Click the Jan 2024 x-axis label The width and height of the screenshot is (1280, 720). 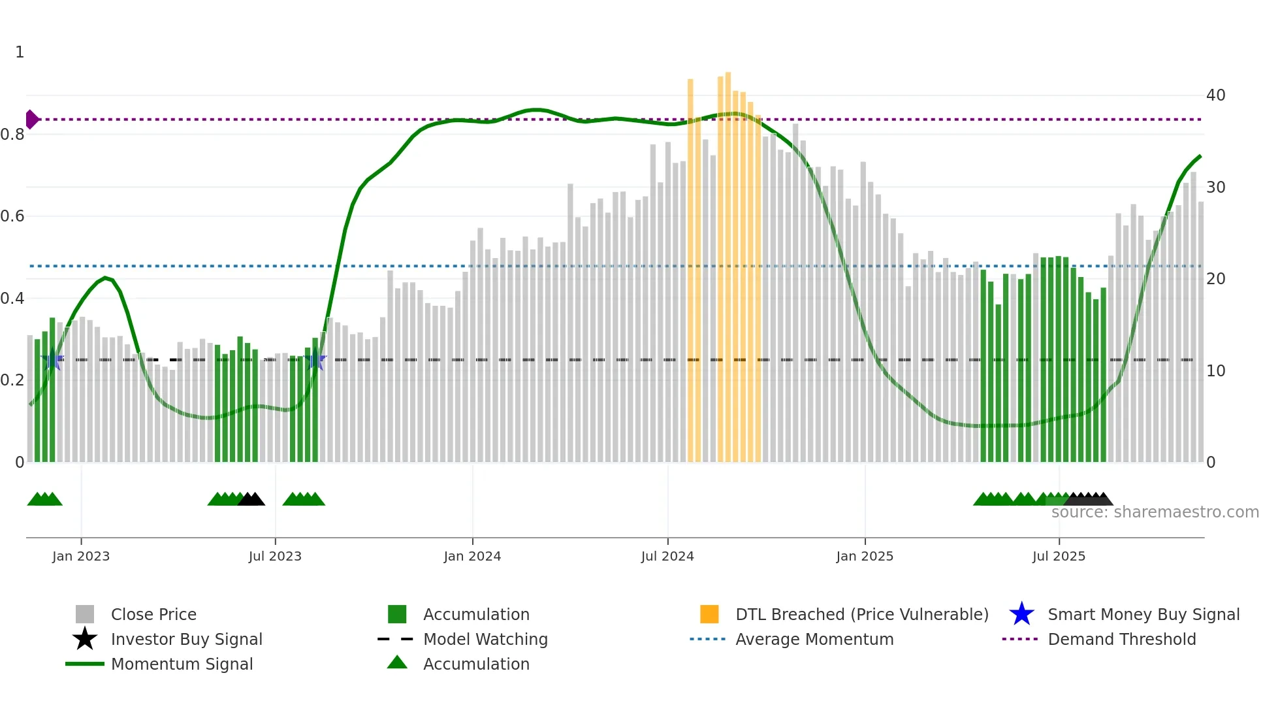click(x=472, y=556)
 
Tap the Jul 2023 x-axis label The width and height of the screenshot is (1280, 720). click(x=275, y=556)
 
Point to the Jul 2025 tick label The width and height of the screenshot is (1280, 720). click(x=1059, y=556)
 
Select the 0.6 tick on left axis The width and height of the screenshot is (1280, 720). click(x=12, y=216)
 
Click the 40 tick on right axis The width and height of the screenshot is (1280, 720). click(x=1215, y=95)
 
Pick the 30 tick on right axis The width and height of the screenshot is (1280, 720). click(x=1215, y=188)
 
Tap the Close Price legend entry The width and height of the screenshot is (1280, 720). click(x=153, y=614)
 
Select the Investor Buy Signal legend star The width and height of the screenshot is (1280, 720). click(x=85, y=639)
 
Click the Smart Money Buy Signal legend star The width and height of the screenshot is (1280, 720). click(x=1021, y=614)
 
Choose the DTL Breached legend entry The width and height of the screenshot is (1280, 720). click(x=861, y=614)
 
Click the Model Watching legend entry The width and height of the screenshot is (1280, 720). click(x=485, y=639)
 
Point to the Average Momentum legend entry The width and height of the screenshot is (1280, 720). click(x=814, y=639)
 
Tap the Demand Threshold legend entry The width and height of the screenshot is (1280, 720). click(x=1121, y=639)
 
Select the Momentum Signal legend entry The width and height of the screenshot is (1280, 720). click(x=182, y=664)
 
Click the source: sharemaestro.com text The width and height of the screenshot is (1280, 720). click(x=1155, y=512)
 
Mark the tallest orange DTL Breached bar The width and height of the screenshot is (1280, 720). click(x=728, y=261)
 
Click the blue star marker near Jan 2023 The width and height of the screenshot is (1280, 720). click(x=52, y=359)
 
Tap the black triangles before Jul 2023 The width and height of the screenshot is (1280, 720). click(x=251, y=499)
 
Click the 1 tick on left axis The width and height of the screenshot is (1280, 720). click(x=20, y=52)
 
